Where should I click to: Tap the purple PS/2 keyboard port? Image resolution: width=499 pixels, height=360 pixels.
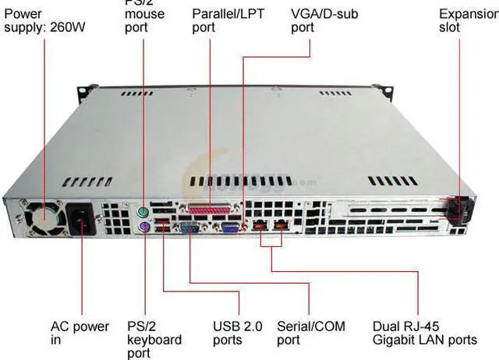[x=144, y=228]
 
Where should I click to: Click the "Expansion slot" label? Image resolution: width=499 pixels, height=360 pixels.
[x=467, y=20]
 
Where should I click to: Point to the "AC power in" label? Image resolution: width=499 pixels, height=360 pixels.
[x=80, y=333]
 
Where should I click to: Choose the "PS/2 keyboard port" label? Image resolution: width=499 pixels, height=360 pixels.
[x=154, y=340]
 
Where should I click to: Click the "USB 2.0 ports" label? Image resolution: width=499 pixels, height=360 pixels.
[x=238, y=333]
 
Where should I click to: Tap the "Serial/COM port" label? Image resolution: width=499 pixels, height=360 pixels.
[x=310, y=333]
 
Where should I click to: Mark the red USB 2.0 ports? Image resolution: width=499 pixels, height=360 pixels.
[x=162, y=228]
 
